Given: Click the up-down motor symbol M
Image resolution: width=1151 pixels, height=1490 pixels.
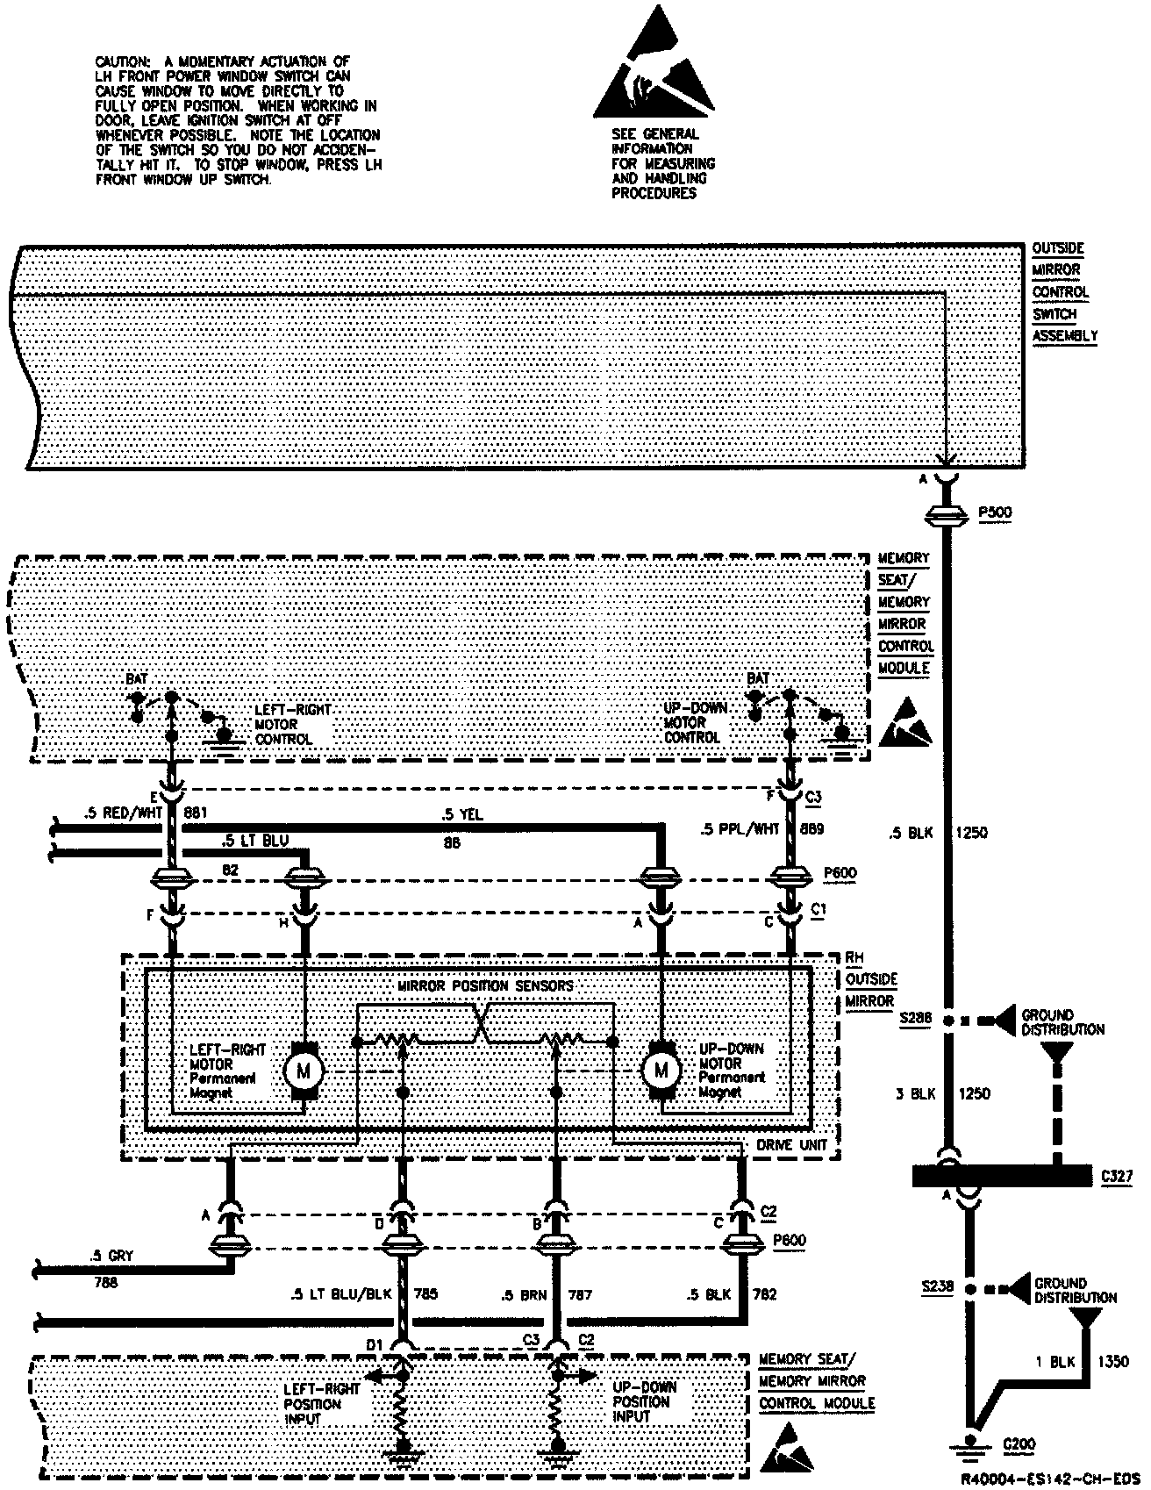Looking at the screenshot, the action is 661,1070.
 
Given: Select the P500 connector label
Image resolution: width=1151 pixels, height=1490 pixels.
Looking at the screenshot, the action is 994,514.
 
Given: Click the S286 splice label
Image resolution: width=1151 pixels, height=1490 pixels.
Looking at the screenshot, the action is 915,1020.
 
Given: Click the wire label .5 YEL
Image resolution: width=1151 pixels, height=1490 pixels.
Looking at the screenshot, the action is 462,815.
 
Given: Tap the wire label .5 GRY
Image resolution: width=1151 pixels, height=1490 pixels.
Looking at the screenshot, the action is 110,1256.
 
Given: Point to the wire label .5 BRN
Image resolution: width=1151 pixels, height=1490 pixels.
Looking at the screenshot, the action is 524,1294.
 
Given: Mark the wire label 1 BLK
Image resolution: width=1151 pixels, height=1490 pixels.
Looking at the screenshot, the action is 1054,1362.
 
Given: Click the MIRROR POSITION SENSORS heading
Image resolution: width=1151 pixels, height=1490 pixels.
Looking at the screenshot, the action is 485,986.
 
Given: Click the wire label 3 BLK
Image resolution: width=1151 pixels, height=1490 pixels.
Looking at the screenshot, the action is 914,1093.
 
